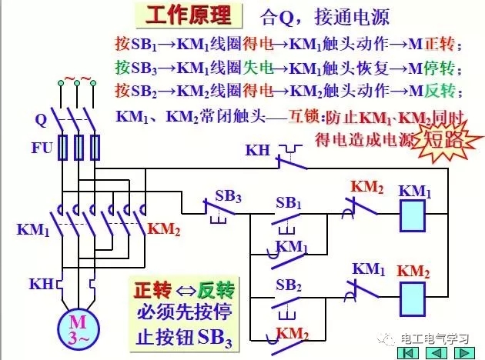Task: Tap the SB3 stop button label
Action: tap(227, 196)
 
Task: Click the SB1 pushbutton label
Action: tap(289, 203)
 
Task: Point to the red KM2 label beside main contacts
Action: tap(163, 228)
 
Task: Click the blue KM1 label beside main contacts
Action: tap(33, 228)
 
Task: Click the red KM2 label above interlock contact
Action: tap(366, 187)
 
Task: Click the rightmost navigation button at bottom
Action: tap(465, 351)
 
